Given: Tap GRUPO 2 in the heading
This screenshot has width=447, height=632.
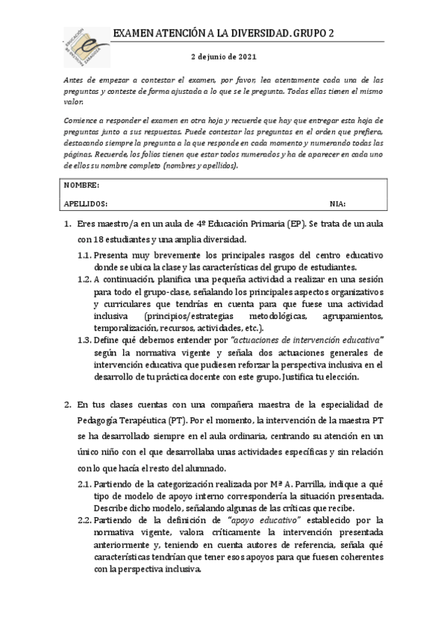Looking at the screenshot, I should tap(314, 34).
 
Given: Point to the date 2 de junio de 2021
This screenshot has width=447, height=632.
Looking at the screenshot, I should tap(223, 57).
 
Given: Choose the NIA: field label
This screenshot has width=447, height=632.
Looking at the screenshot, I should tap(337, 203).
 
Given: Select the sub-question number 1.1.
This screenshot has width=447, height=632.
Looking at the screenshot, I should tap(85, 254).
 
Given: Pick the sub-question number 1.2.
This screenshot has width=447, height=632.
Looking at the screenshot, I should tap(85, 279).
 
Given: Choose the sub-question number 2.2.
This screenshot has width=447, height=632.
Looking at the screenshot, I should tap(85, 519).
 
